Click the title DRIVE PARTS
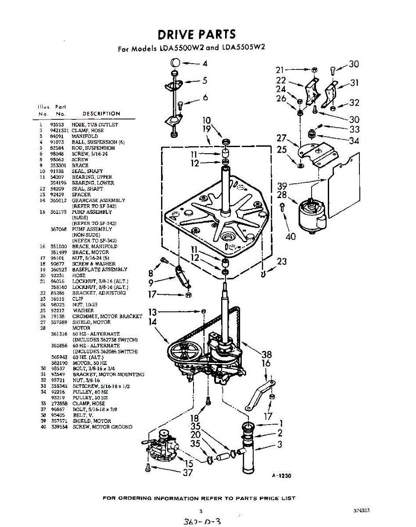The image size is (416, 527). [197, 34]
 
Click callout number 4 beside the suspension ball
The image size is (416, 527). [205, 63]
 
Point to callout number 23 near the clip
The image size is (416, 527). [282, 262]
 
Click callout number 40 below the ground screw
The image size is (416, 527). [290, 237]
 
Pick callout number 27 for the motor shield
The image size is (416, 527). [281, 138]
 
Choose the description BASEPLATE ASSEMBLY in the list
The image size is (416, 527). [100, 270]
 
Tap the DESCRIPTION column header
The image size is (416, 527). [101, 114]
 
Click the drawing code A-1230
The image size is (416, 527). [283, 476]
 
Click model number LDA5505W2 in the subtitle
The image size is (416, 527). [245, 48]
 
